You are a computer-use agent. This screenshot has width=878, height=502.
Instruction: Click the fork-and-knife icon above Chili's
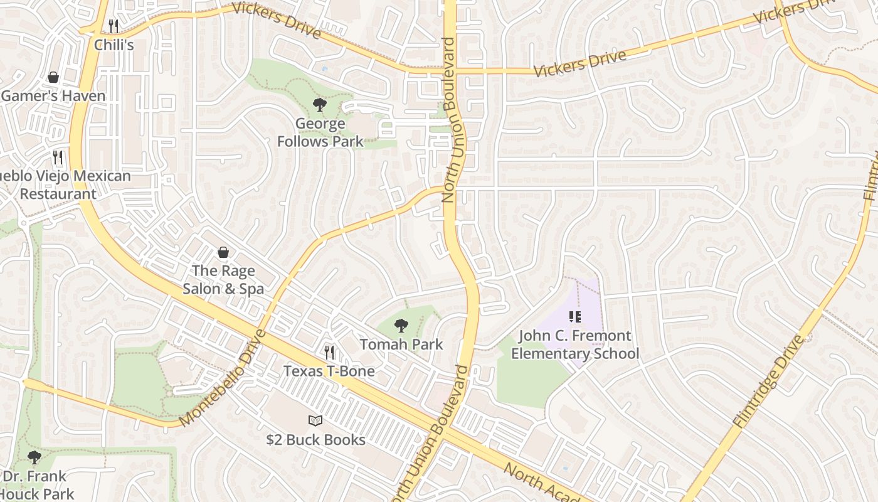114,26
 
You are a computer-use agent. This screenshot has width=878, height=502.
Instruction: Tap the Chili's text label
114,45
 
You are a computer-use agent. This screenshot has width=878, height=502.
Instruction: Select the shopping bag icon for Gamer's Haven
53,77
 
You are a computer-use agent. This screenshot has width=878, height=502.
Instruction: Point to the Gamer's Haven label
53,96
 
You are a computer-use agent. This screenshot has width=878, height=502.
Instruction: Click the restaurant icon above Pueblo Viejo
58,157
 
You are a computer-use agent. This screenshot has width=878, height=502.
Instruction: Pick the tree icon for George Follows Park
320,105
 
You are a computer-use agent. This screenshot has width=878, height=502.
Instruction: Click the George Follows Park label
320,132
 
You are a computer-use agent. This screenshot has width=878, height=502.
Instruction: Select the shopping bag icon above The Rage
223,252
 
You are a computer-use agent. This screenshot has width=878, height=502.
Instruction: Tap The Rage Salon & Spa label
223,280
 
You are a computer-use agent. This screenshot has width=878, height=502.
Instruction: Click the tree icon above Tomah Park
401,326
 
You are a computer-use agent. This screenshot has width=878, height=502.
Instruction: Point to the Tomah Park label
401,344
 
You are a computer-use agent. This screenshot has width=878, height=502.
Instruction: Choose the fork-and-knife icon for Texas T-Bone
329,353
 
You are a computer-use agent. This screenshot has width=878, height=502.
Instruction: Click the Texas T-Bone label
329,371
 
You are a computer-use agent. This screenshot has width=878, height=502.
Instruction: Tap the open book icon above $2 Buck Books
315,421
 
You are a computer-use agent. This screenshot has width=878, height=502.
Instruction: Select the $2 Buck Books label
315,440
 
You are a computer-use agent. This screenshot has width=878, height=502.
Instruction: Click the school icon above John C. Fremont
575,317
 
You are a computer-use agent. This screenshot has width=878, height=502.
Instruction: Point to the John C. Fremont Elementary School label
575,344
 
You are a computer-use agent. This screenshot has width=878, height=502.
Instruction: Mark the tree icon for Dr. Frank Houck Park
34,457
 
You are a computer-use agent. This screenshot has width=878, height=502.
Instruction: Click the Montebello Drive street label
223,378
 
